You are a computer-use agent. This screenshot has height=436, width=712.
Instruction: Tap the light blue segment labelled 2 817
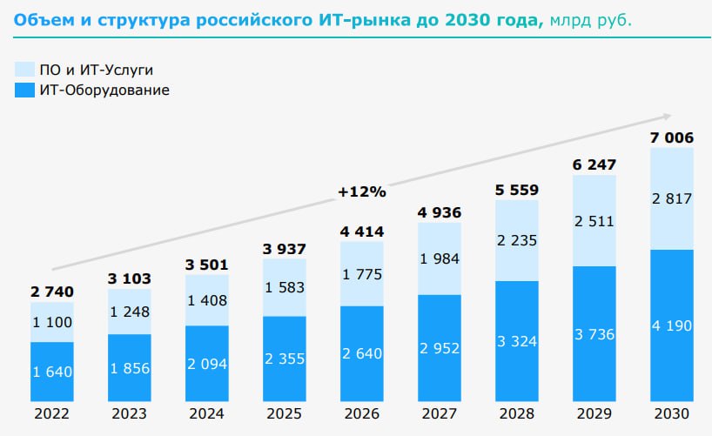(x=672, y=198)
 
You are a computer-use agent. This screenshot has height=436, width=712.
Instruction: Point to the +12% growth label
(x=362, y=191)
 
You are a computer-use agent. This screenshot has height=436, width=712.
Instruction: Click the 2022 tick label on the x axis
(x=52, y=414)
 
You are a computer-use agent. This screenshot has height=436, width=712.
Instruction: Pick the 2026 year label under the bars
(x=362, y=414)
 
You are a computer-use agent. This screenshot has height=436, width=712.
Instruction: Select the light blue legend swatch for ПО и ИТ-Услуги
(x=24, y=70)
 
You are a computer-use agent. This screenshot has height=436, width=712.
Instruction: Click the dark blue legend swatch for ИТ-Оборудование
(x=24, y=89)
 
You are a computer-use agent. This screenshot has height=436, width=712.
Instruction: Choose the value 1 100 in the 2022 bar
(x=52, y=323)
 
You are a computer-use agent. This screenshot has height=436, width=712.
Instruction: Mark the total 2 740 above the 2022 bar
(x=52, y=292)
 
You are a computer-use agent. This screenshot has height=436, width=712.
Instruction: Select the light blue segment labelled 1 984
(x=440, y=258)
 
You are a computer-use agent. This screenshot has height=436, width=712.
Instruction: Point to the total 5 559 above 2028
(x=517, y=189)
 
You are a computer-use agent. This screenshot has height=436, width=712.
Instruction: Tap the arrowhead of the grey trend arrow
(x=668, y=116)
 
